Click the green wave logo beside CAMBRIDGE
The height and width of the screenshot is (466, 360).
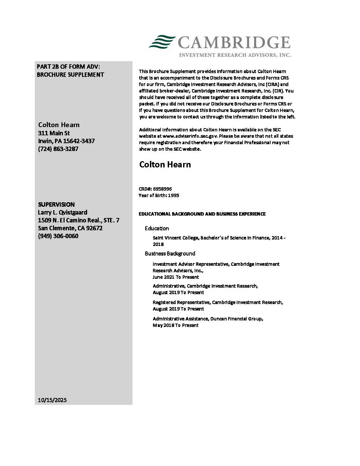pyautogui.click(x=162, y=42)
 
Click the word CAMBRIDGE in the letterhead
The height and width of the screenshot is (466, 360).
pyautogui.click(x=234, y=43)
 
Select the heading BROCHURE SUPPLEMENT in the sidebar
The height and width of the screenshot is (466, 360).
pyautogui.click(x=70, y=74)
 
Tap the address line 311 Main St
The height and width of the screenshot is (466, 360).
pyautogui.click(x=54, y=133)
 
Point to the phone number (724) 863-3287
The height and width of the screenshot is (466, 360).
pyautogui.click(x=58, y=149)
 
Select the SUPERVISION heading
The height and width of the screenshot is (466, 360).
pyautogui.click(x=56, y=204)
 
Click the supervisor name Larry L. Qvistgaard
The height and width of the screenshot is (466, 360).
pyautogui.click(x=63, y=212)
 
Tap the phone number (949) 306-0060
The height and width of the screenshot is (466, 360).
pyautogui.click(x=58, y=236)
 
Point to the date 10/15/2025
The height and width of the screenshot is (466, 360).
pyautogui.click(x=52, y=400)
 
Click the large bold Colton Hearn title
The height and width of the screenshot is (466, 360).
pyautogui.click(x=165, y=164)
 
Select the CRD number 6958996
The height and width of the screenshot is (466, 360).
pyautogui.click(x=162, y=189)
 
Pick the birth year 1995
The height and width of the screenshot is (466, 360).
pyautogui.click(x=174, y=195)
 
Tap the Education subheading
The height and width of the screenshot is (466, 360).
pyautogui.click(x=157, y=228)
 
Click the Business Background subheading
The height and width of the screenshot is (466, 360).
pyautogui.click(x=170, y=253)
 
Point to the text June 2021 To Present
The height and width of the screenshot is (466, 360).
pyautogui.click(x=176, y=277)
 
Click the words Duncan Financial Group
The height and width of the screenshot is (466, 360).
pyautogui.click(x=236, y=319)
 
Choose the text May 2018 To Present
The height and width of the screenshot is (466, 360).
pyautogui.click(x=175, y=325)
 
